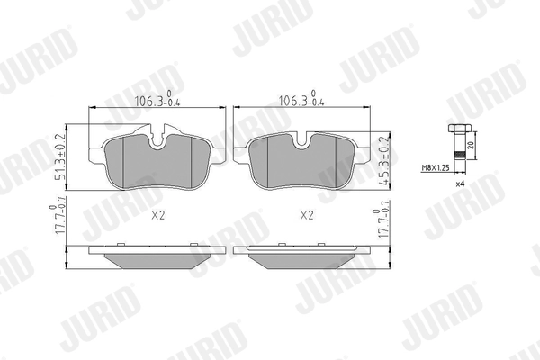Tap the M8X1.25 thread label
(x=436, y=166)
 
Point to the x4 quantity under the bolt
(x=459, y=184)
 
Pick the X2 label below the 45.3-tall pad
(x=305, y=216)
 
